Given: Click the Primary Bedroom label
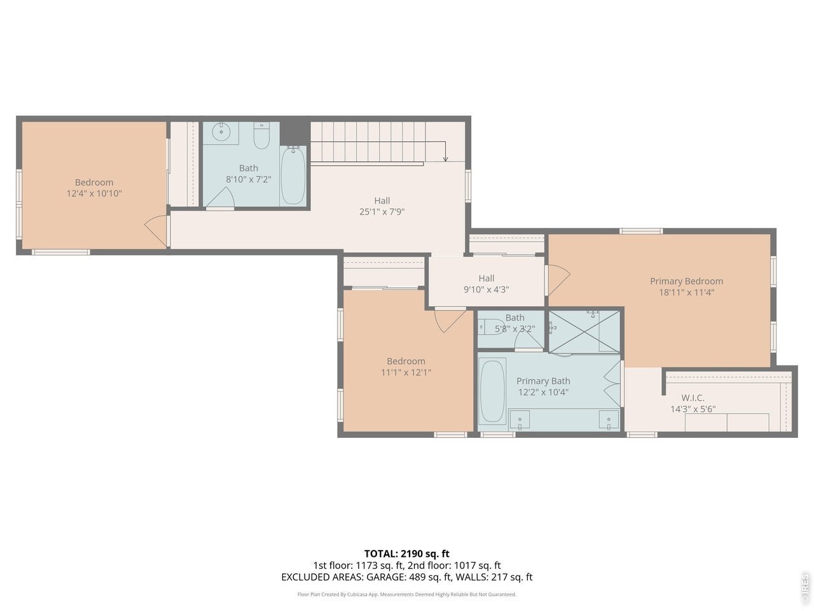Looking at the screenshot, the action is tap(686, 281).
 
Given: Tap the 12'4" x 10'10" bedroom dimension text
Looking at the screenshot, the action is tap(94, 193).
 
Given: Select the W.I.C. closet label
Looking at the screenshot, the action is tap(693, 398).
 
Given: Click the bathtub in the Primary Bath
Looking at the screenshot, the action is tap(492, 391).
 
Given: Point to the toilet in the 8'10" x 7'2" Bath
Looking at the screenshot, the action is tap(261, 136).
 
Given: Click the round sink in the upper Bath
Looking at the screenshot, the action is tap(221, 132).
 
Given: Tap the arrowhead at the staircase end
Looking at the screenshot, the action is tap(445, 159).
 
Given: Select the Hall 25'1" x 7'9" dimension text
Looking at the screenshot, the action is tap(382, 212).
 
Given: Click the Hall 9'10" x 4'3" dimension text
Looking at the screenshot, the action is tap(486, 290).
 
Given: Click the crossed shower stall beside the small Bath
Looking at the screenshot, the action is tap(584, 332).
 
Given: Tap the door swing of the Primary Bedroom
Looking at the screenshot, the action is tap(559, 280).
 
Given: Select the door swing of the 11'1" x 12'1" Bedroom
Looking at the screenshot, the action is tap(450, 321).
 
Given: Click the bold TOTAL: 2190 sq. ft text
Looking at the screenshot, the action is tap(406, 554).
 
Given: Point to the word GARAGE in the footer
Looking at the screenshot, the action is tap(385, 577).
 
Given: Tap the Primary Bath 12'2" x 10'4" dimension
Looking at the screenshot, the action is tap(543, 392).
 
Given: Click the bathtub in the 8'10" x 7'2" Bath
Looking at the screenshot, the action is tap(293, 175).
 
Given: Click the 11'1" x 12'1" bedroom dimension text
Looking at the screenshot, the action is tap(406, 372).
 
